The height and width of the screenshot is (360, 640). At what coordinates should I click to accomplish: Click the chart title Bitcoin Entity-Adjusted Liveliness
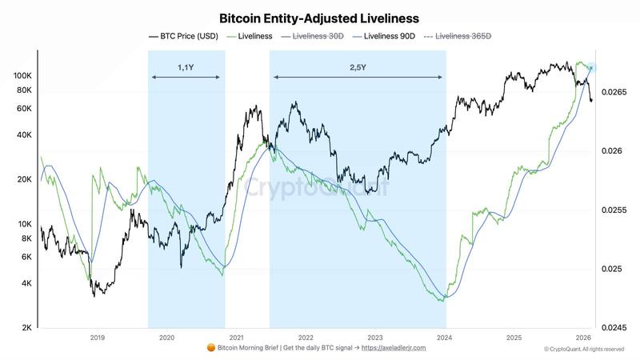click(319, 17)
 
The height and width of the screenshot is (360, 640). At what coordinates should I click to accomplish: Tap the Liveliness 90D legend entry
click(388, 36)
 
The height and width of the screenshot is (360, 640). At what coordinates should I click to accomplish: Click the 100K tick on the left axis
click(20, 75)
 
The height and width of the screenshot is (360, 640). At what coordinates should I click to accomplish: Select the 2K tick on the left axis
click(25, 328)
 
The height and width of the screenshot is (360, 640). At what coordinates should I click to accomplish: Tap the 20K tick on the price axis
click(22, 180)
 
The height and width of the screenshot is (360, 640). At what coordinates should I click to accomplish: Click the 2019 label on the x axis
click(98, 338)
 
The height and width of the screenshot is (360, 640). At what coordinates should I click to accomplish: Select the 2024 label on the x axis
click(445, 338)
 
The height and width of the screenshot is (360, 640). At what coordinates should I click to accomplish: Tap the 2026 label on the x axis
click(584, 338)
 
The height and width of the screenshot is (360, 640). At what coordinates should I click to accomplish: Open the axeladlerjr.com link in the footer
click(394, 348)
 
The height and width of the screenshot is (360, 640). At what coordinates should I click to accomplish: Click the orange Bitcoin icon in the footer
click(211, 348)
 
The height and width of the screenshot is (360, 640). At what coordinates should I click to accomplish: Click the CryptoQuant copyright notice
click(584, 349)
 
